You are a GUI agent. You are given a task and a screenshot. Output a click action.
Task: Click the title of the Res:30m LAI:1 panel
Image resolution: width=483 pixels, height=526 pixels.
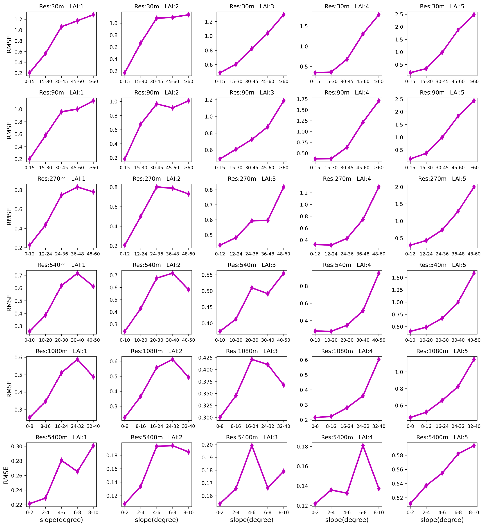point(61,6)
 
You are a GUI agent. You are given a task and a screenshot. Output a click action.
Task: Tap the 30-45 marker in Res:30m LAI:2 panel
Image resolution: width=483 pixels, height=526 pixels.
point(157,18)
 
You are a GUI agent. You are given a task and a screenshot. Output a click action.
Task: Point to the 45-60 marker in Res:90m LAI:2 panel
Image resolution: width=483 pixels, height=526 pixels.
point(173,108)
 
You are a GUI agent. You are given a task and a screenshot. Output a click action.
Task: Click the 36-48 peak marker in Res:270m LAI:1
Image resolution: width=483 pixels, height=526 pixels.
point(77,187)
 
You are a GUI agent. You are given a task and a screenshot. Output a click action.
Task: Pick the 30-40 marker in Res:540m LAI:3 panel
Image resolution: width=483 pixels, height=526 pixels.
point(268,294)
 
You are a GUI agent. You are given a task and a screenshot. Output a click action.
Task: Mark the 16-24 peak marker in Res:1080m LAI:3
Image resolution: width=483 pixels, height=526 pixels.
point(252,360)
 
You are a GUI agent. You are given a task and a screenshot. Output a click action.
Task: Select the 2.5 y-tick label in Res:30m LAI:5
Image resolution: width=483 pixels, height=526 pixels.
point(399,14)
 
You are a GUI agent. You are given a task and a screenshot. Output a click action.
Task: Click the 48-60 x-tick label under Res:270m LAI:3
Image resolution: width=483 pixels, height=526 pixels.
point(284,254)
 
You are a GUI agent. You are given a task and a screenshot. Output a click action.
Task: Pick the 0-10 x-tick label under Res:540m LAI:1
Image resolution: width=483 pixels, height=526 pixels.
point(29,340)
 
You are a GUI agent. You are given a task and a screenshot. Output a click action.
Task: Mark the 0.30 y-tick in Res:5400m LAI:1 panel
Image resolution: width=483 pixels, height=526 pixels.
point(17,446)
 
